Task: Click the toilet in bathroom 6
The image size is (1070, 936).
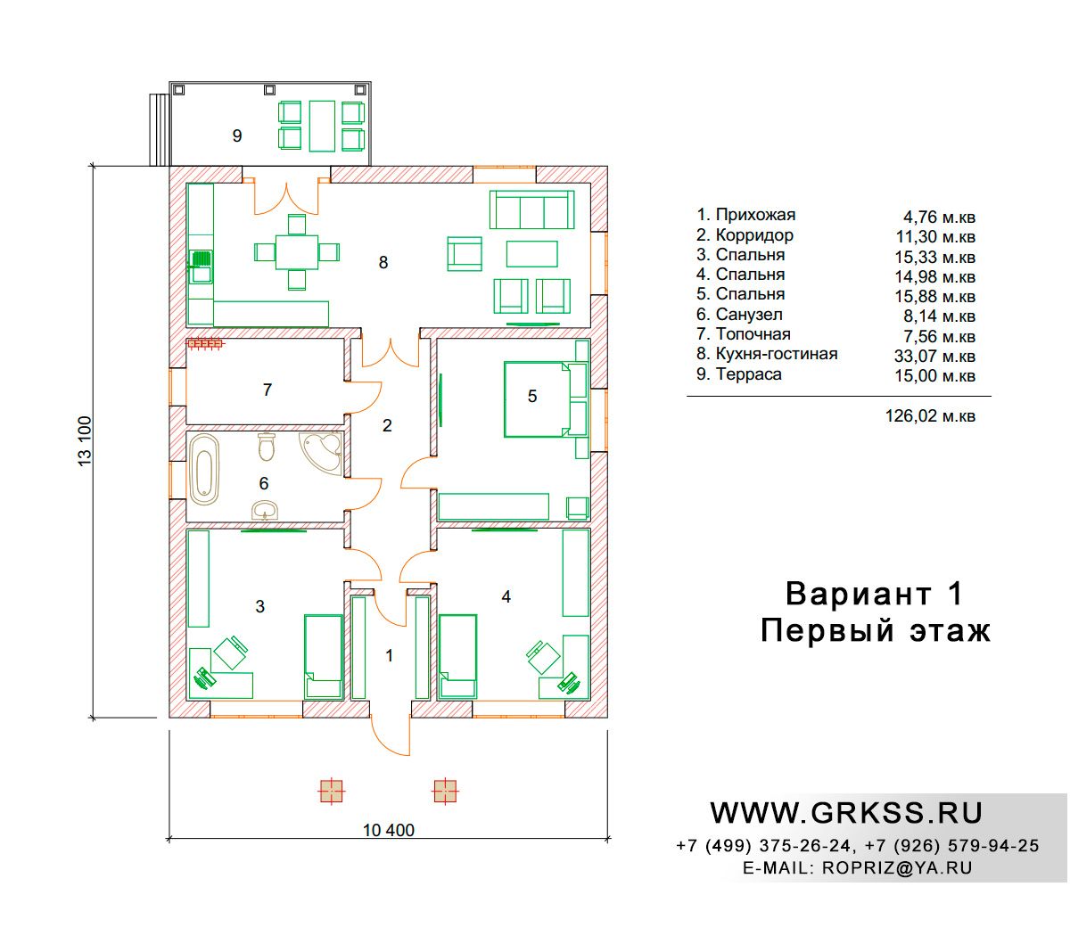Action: coord(267,447)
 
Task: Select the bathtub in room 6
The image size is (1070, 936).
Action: coord(203,470)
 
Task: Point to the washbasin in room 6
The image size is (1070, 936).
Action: coord(265,510)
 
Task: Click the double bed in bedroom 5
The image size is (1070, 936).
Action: coord(537,399)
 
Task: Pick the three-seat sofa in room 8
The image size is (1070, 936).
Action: coord(531,209)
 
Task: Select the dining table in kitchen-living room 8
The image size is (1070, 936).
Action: coord(297,252)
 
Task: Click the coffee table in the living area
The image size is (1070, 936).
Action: coord(531,253)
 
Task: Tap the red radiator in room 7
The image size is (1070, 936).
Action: coord(205,343)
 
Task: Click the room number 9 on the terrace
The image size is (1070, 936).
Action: coord(237,136)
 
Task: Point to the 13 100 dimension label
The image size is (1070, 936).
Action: coord(86,440)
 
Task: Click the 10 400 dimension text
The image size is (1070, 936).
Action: coord(388,830)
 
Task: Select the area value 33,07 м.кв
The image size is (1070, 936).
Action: coord(934,356)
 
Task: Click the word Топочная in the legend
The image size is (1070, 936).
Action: coord(753,333)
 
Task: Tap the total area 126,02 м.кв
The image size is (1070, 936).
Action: coord(930,416)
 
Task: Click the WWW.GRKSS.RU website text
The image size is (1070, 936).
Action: coord(846,814)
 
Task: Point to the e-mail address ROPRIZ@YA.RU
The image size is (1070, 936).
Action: coord(897,868)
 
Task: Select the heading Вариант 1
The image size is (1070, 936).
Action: coord(874,594)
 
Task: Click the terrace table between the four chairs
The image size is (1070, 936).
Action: coord(322,126)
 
